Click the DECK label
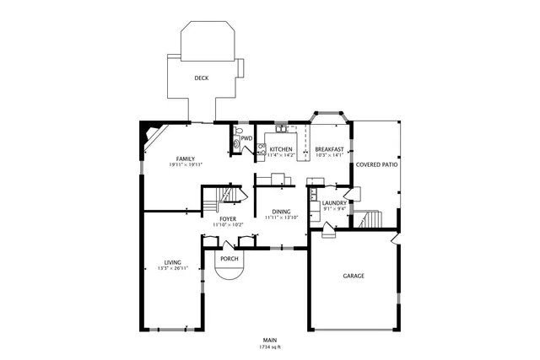point(201,78)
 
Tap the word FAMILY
point(185,159)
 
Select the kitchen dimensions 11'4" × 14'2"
point(280,155)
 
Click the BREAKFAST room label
point(329,149)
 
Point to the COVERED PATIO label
point(375,164)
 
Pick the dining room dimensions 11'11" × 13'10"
point(281,218)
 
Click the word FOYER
point(228,218)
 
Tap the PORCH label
point(229,259)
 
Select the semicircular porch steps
point(229,271)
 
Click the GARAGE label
point(353,276)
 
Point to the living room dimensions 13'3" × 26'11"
point(172,268)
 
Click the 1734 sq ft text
point(270,347)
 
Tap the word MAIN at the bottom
point(270,340)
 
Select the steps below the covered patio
point(371,220)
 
